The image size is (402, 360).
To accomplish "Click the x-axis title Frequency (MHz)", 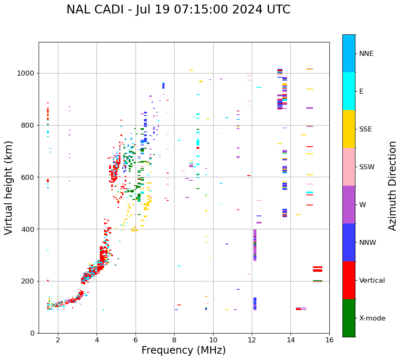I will (183, 350).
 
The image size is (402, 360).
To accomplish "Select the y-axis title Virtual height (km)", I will (9, 187).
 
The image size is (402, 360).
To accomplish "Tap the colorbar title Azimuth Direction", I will (392, 185).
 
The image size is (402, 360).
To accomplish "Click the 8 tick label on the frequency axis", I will (174, 340).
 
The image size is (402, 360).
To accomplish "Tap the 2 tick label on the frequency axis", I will (58, 340).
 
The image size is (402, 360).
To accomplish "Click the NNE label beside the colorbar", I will (366, 54).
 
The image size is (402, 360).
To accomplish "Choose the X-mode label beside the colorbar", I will (372, 318).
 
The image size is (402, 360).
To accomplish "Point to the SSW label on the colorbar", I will (367, 167).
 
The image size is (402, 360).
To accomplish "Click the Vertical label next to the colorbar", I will (372, 281).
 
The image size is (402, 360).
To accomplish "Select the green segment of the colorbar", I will (349, 318).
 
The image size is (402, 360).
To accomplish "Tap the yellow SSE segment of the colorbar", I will (349, 129).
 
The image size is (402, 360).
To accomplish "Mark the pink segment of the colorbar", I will (349, 167).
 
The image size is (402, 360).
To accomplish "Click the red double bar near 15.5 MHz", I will (318, 269).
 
